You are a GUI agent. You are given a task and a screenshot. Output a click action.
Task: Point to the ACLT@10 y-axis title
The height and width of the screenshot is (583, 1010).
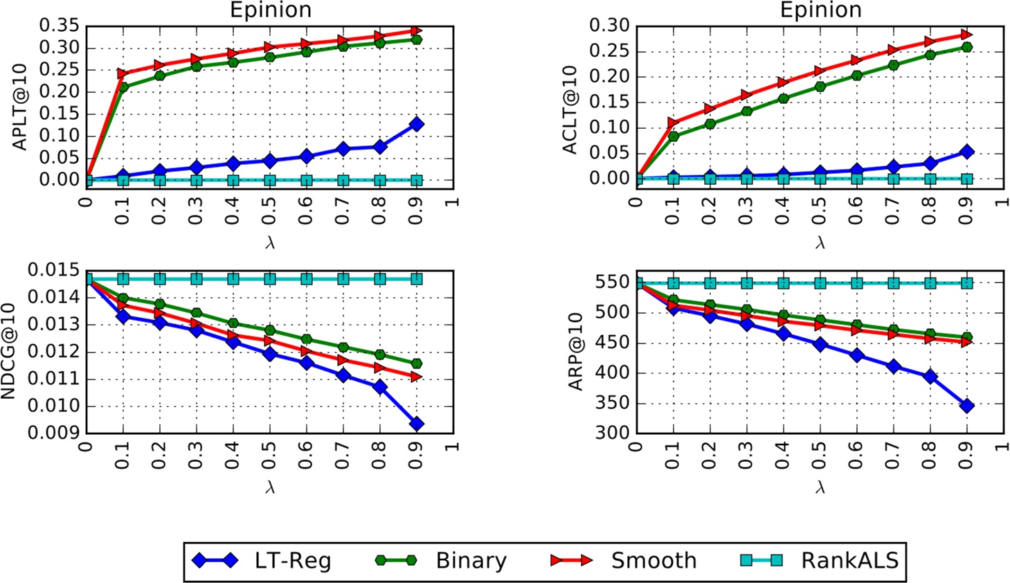(570, 109)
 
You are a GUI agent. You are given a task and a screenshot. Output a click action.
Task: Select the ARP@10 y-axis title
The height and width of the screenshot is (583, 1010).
(576, 351)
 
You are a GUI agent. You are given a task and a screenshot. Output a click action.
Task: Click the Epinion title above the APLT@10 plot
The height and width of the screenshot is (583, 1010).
(270, 10)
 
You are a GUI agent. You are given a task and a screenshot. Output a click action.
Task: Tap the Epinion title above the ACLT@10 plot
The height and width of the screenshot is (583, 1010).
(820, 10)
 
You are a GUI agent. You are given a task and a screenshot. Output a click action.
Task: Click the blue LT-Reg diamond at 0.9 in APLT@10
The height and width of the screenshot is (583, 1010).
(416, 124)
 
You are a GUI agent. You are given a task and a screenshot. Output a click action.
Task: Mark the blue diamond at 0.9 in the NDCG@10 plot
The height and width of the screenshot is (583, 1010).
(416, 424)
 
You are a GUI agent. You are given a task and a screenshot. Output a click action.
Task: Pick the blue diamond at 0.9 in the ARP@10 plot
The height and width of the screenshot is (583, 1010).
(966, 406)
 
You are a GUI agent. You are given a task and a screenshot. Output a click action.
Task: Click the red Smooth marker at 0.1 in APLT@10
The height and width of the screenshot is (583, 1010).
(123, 73)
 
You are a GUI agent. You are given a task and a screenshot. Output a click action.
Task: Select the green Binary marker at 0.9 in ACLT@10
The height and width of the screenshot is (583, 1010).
(966, 47)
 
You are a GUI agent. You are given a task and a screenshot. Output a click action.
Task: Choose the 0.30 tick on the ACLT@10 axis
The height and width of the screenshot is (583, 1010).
(610, 26)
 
